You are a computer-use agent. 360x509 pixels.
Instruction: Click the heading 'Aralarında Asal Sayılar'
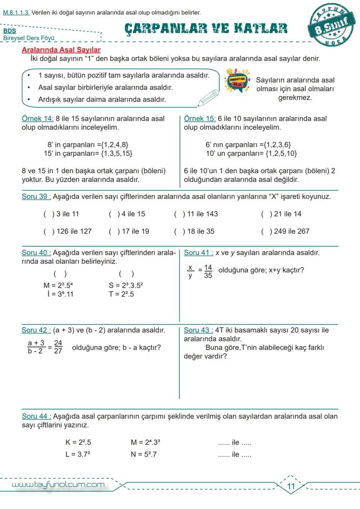click(61, 50)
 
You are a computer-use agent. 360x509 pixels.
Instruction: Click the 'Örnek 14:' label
click(37, 119)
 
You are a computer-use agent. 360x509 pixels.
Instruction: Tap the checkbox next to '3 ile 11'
click(46, 214)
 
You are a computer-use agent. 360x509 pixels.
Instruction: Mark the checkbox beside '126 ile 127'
click(46, 231)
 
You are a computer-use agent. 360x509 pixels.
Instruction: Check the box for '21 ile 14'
click(264, 214)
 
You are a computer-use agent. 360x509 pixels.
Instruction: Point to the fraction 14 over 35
click(208, 271)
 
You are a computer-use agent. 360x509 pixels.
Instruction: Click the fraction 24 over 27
click(58, 347)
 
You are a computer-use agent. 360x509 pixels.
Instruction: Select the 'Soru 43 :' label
click(198, 330)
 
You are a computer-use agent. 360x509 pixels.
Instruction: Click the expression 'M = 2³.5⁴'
click(59, 286)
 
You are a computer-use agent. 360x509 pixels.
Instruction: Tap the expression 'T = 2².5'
click(121, 294)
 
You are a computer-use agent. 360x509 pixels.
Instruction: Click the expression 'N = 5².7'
click(144, 455)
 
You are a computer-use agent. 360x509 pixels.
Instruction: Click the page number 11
click(291, 486)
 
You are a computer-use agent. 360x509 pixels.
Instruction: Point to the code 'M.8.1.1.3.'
click(16, 13)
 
